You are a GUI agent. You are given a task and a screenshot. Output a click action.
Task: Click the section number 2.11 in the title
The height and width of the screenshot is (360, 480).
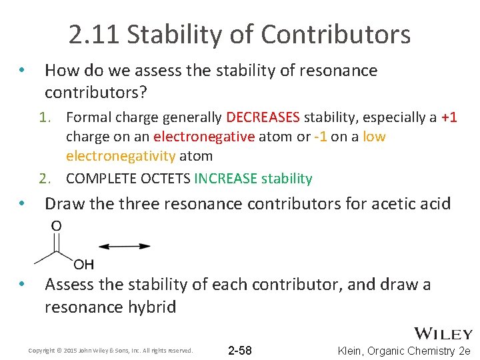coord(94,34)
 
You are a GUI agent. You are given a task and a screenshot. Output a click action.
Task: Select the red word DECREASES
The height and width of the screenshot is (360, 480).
coord(263,118)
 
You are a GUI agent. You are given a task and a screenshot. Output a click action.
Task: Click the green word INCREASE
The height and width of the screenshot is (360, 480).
coord(225,179)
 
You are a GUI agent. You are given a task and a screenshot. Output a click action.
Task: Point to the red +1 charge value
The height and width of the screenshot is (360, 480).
coord(449,118)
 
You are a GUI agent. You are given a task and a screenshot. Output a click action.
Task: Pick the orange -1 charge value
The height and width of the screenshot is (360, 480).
coord(319,137)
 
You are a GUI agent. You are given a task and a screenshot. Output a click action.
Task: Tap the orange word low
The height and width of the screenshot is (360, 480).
coord(375,137)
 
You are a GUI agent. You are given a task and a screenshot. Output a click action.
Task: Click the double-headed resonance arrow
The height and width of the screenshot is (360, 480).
coord(124,246)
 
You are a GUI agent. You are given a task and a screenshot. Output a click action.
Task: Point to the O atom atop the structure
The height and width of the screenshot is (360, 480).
coord(57,226)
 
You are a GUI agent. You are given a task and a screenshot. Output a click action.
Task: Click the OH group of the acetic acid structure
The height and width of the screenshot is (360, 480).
coord(84,265)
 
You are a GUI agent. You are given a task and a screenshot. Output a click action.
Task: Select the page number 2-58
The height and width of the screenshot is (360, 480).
coord(239,351)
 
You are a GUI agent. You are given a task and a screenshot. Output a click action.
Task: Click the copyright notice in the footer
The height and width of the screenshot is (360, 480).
coord(111,351)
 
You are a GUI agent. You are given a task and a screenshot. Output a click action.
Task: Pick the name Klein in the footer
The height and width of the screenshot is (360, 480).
coord(353,351)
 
